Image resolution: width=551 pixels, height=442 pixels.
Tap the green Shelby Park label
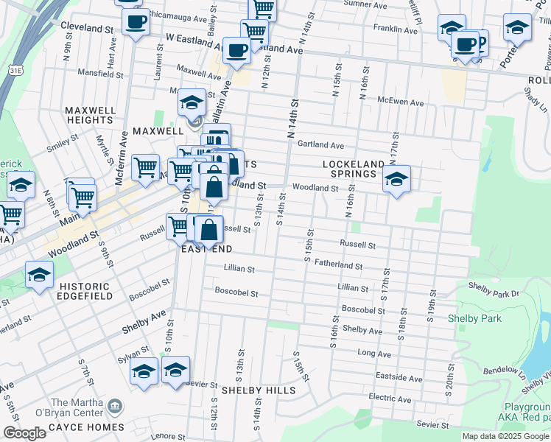[474, 318]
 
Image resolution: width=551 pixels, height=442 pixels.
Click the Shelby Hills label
[259, 390]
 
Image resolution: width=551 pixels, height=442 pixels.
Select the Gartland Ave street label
[320, 145]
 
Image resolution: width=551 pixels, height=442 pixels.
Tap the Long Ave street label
[374, 354]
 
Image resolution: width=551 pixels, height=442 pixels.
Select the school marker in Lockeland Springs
[396, 179]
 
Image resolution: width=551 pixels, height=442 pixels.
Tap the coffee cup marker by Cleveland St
[135, 21]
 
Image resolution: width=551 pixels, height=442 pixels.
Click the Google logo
[24, 433]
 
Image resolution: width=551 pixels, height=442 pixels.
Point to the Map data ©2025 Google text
[505, 436]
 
